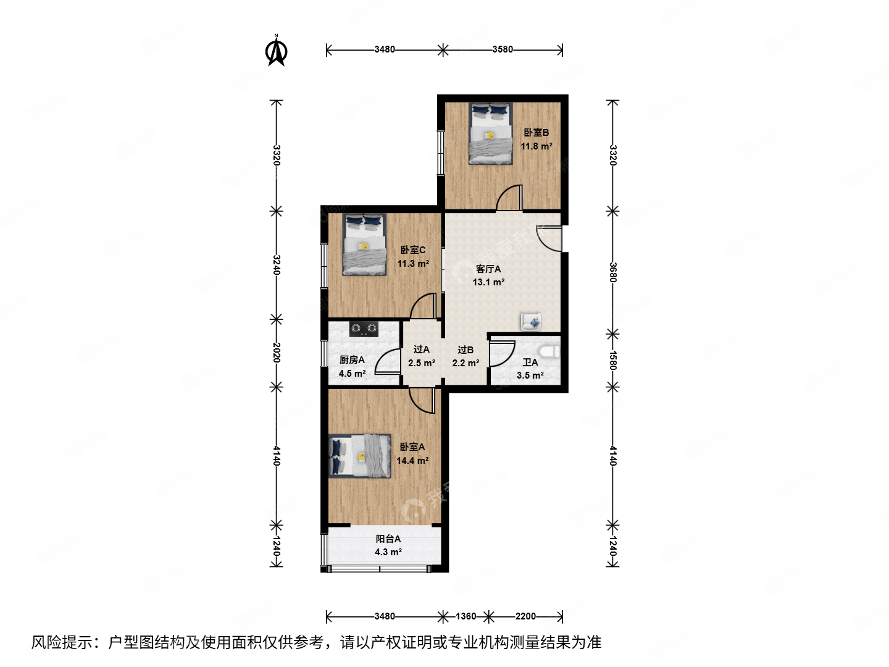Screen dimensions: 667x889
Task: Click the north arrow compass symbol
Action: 276,52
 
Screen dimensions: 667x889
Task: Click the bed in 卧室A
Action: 360,456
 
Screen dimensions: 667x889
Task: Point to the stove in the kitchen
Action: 364,329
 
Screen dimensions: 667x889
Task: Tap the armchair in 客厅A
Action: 531,321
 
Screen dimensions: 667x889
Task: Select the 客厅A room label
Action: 488,269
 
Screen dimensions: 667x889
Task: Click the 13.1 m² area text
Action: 488,282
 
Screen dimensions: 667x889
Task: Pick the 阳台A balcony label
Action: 388,539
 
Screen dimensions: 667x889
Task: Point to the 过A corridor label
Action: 422,350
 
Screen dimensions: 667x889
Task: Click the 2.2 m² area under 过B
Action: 465,363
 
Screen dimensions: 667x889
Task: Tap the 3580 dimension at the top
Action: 503,49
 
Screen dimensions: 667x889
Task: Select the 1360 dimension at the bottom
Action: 465,616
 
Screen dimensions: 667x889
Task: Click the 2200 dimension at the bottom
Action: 525,616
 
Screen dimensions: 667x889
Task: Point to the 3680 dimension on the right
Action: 612,272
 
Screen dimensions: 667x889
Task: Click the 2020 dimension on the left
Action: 277,353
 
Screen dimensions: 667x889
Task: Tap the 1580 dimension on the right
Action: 612,361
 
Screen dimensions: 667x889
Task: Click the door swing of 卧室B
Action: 510,198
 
